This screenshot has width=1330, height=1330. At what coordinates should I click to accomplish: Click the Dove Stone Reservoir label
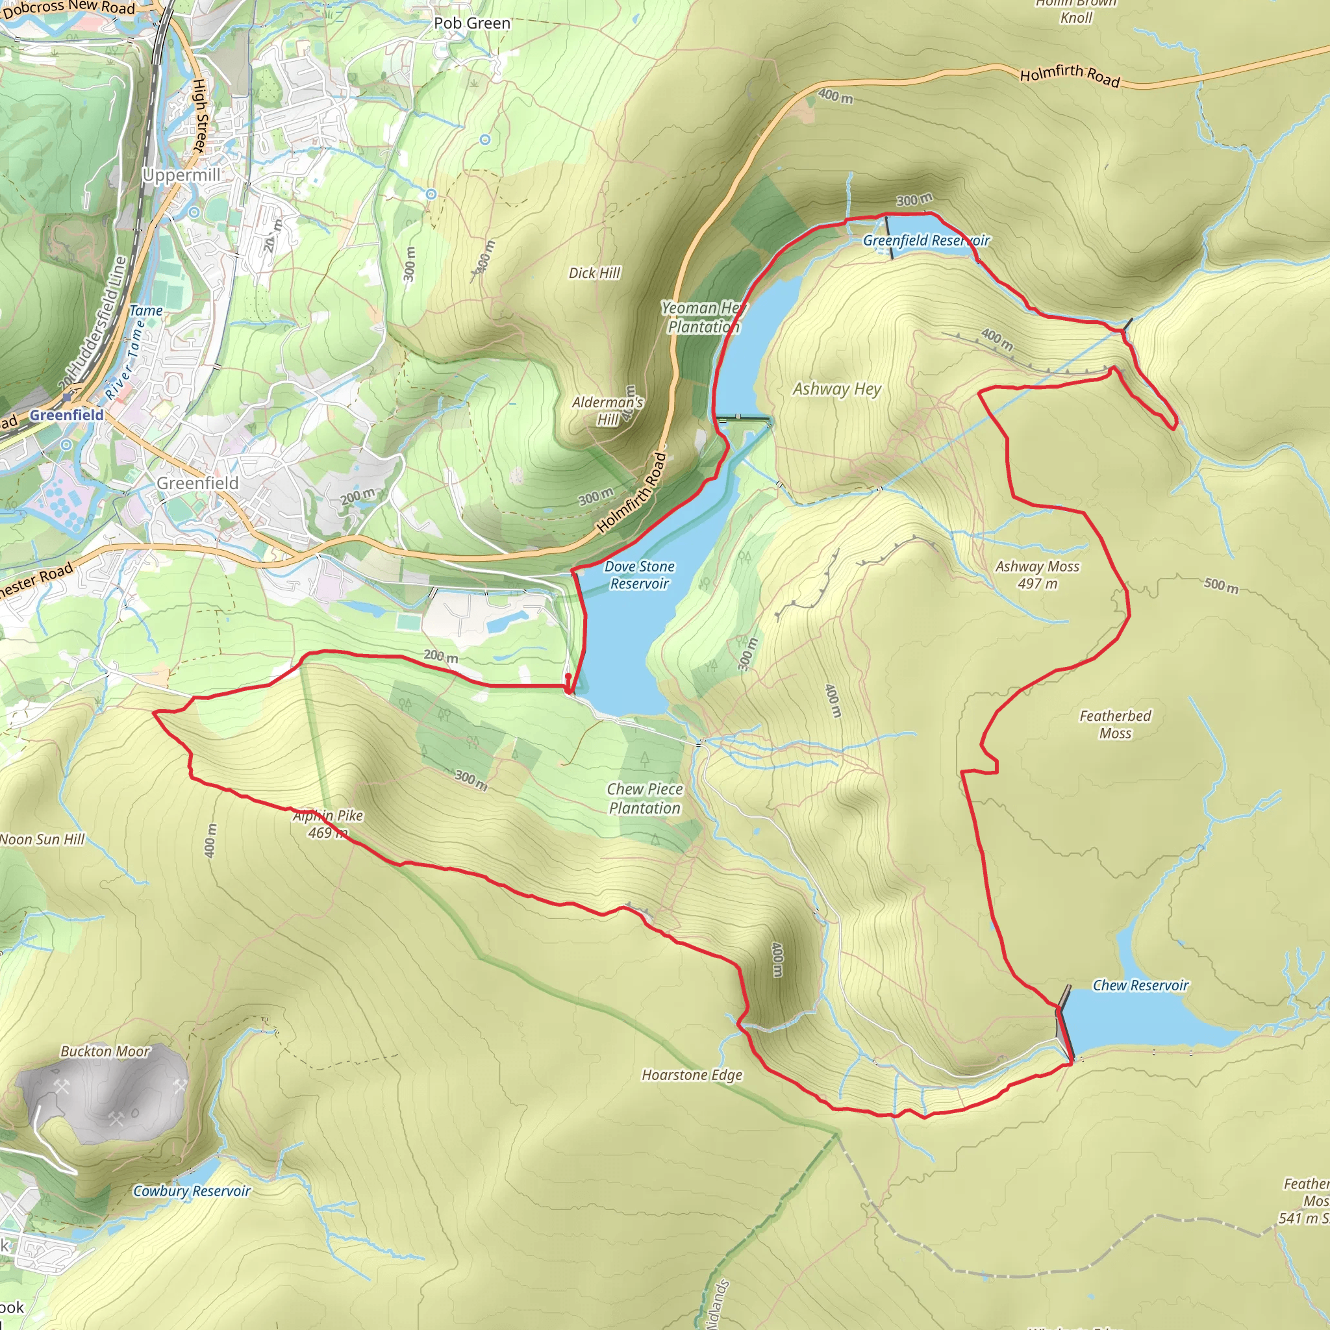(x=639, y=575)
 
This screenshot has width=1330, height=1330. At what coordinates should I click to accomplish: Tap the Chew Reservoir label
(x=1140, y=985)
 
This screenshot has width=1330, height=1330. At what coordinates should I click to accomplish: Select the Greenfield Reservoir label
(x=926, y=240)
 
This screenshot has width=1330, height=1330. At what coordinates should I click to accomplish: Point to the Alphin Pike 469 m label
(x=328, y=824)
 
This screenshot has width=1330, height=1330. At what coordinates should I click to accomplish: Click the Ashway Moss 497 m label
(x=1037, y=575)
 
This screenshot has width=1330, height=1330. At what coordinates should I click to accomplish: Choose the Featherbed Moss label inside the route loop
(x=1114, y=724)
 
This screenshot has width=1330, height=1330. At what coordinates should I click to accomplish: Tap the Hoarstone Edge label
(x=692, y=1075)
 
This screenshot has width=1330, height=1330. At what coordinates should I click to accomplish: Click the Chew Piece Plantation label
(x=644, y=799)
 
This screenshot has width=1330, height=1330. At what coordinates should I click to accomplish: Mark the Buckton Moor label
(x=105, y=1051)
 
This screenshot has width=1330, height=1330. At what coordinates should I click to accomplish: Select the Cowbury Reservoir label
(x=192, y=1191)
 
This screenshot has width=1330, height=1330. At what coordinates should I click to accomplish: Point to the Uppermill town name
(x=181, y=175)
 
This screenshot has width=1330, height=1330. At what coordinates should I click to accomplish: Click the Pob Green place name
(x=471, y=23)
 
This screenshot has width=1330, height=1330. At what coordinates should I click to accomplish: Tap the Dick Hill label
(x=594, y=273)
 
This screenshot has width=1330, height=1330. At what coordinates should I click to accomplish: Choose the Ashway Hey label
(x=836, y=389)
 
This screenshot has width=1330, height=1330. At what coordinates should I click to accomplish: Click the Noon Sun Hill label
(x=42, y=839)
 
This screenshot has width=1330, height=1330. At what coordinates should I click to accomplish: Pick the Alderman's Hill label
(x=607, y=411)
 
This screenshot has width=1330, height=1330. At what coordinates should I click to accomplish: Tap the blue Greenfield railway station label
(x=66, y=415)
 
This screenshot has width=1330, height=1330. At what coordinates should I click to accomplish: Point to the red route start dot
(x=567, y=677)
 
